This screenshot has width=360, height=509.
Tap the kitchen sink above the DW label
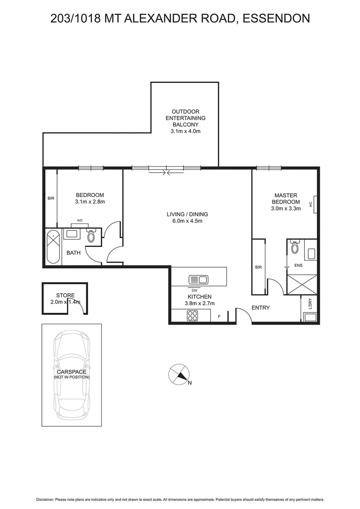198,279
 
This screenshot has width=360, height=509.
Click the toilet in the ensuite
295,247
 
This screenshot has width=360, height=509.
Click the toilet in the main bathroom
91,237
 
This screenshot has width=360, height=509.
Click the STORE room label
65,296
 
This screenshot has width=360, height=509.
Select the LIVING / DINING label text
187,214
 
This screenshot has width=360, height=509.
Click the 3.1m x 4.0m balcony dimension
185,131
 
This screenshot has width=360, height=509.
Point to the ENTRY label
261,308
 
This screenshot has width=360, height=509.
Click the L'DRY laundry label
311,304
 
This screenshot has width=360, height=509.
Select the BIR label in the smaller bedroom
51,198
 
